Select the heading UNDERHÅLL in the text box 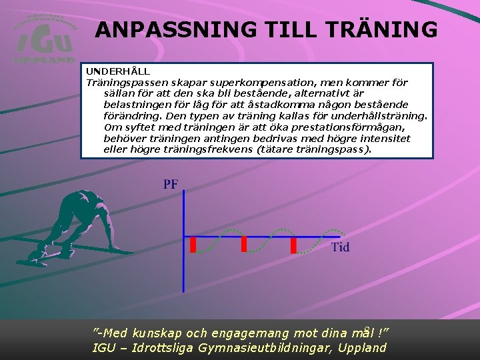117,71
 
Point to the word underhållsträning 381,116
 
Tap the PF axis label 171,185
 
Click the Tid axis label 340,248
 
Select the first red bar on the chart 193,245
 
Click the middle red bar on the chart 244,244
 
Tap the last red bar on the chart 293,245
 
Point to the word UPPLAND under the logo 44,59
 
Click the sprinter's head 85,197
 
